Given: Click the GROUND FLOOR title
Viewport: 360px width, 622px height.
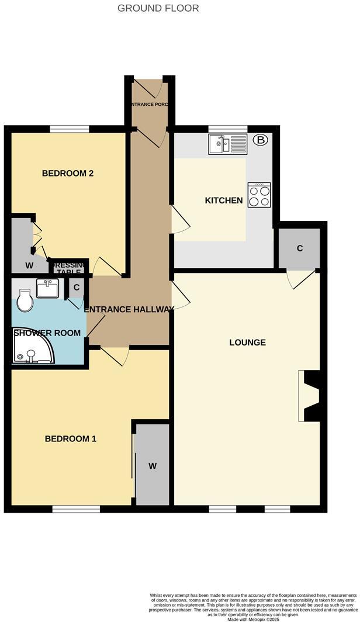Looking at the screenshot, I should (158, 8).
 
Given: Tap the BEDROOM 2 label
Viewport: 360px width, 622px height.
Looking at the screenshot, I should (68, 173).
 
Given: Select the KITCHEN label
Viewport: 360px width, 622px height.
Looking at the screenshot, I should (223, 201).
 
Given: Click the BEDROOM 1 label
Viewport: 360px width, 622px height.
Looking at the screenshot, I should (71, 438).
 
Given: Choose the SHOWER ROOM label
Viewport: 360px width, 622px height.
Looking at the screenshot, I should (47, 333).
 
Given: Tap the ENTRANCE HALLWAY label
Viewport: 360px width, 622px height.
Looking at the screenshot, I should (129, 309).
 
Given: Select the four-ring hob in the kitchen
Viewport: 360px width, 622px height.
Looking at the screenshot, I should (259, 195).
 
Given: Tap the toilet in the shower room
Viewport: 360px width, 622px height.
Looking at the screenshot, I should (24, 302).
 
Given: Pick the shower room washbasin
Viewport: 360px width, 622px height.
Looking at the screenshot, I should (47, 288).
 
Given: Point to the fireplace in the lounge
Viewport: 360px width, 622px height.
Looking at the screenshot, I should (309, 396).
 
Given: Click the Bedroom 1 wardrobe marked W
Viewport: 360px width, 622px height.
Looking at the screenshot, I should (152, 465).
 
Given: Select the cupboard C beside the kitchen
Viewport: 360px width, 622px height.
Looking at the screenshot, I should (299, 248).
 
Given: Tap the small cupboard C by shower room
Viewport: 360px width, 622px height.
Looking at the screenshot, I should (77, 288).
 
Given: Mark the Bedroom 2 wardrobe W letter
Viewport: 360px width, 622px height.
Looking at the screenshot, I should (29, 265).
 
